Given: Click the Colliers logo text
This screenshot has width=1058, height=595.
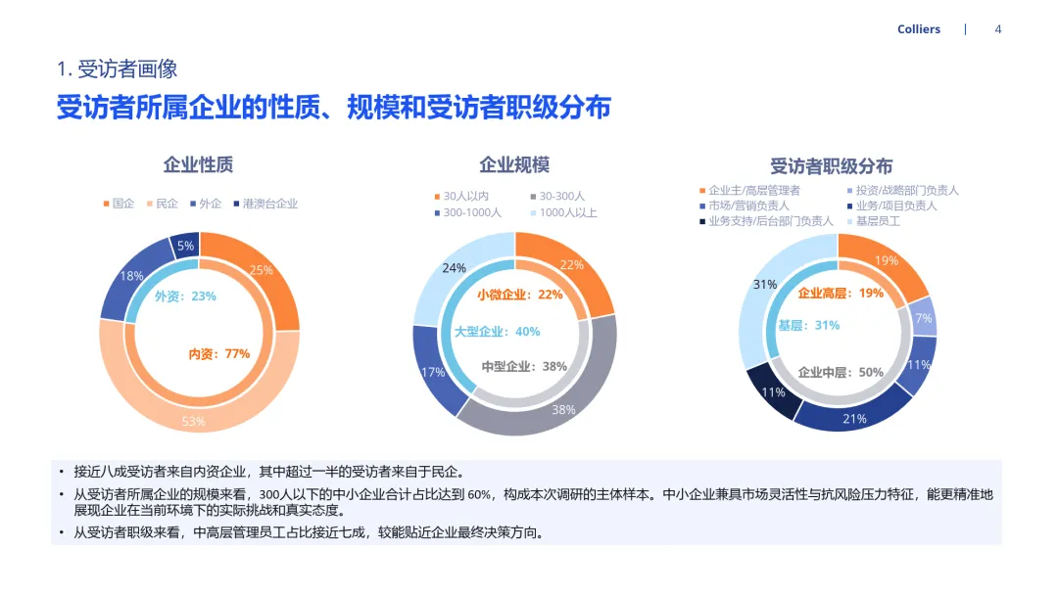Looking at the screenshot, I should (x=918, y=29).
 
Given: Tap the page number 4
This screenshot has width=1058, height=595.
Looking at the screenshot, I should (x=997, y=29).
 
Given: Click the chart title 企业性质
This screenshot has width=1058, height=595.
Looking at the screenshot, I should (x=198, y=164).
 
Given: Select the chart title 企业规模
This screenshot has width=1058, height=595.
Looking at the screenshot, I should (x=514, y=164).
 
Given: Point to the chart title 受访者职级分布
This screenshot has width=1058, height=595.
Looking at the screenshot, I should (x=831, y=166).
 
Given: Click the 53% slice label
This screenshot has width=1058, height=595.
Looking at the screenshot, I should (x=193, y=422).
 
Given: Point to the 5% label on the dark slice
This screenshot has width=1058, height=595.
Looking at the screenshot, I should (x=185, y=247).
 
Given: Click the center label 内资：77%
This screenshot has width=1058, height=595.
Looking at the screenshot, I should (x=219, y=354).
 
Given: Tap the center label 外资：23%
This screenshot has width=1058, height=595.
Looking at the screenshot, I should (x=185, y=296).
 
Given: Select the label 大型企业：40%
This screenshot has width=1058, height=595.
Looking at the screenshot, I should (x=497, y=332).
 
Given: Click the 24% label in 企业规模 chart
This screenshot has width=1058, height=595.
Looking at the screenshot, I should (x=454, y=268).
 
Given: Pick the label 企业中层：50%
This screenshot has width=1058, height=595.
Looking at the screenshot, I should (x=841, y=373).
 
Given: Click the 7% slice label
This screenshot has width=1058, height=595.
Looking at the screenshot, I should (x=923, y=318).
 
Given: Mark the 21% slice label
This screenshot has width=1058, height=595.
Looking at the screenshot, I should (x=854, y=419).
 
